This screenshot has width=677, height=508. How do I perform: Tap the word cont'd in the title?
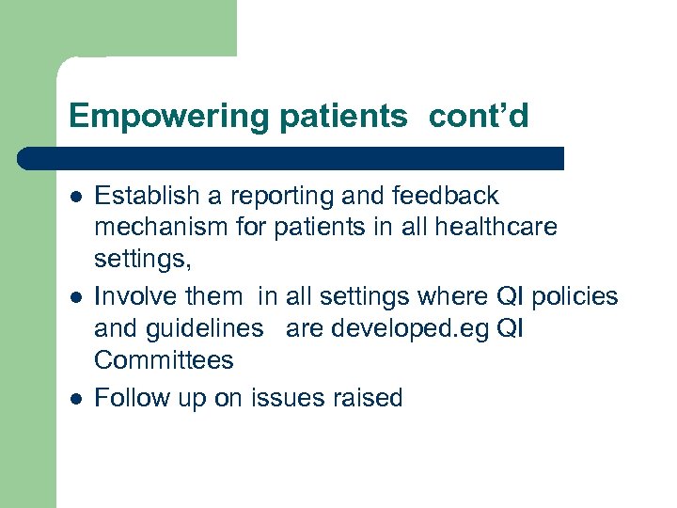click(479, 116)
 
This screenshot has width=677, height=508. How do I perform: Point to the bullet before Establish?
click(73, 197)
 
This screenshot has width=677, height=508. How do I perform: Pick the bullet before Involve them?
click(73, 297)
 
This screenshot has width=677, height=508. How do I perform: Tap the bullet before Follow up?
click(73, 398)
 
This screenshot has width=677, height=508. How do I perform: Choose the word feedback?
click(447, 196)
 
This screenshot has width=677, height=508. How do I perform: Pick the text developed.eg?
click(394, 328)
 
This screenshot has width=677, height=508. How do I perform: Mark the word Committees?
click(165, 359)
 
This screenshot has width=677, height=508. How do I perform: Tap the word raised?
click(370, 398)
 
